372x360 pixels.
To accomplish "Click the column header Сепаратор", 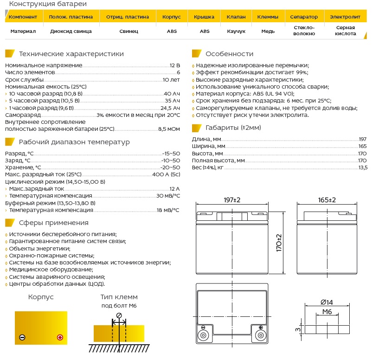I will point(304,17).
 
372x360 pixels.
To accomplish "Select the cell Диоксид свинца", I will point(71,31).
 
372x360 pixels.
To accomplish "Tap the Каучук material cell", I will point(236,31).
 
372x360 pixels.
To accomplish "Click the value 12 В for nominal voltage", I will point(174,65).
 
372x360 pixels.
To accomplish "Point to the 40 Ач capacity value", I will point(172,93).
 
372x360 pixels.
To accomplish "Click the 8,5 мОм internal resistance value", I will point(169,129).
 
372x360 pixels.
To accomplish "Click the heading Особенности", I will point(229,53).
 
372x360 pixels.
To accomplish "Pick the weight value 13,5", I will point(362,167).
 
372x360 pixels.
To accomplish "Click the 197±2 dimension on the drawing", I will point(232,200).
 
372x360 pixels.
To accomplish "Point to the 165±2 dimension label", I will point(327,200).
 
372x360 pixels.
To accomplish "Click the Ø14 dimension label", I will point(327,302).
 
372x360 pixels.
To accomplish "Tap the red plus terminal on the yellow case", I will point(59,337).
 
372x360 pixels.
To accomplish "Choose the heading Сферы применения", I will point(53,223).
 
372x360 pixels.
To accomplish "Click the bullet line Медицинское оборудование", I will point(51,270).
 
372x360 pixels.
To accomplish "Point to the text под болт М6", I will point(119,306).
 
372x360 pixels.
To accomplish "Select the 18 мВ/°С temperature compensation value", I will point(168,210).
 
